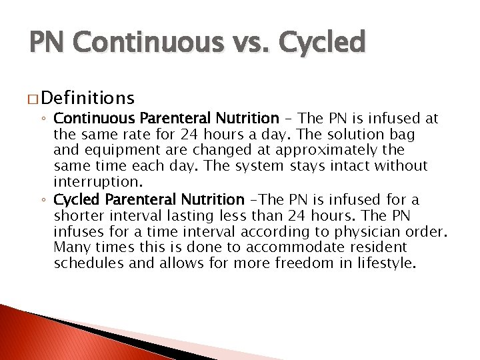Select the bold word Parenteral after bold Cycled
pyautogui.click(x=138, y=199)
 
